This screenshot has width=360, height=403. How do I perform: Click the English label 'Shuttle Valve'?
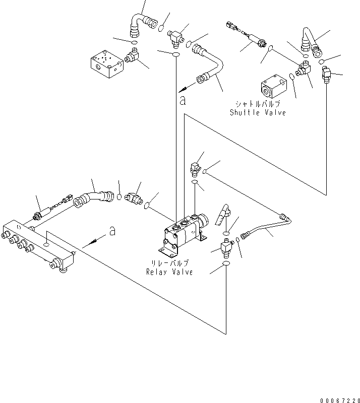[258, 112]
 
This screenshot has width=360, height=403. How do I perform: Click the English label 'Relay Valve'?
[169, 272]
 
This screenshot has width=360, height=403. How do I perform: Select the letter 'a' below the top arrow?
[182, 101]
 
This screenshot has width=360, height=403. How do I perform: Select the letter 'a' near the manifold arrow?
[112, 231]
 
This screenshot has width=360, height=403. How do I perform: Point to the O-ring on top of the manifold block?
[46, 243]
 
